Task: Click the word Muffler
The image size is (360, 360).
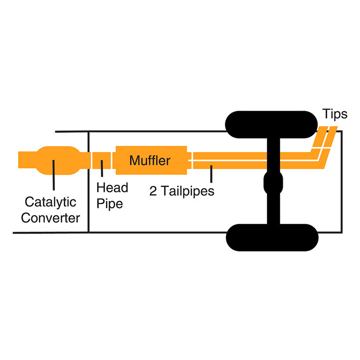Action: click(150, 160)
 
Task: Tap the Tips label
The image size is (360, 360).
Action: click(335, 114)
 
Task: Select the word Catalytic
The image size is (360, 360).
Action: click(50, 202)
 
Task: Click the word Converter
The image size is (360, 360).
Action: click(50, 218)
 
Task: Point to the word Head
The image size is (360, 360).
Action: click(112, 188)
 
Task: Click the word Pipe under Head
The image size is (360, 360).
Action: click(109, 203)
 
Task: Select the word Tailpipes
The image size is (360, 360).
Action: click(187, 191)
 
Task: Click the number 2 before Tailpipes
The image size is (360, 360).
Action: click(153, 191)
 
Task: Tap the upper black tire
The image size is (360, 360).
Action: click(271, 125)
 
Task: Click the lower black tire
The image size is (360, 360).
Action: click(272, 238)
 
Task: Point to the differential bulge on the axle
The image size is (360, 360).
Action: click(273, 183)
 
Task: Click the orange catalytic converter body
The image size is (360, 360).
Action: click(58, 160)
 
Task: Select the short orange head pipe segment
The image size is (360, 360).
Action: click(102, 160)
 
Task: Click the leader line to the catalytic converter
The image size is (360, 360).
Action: click(54, 175)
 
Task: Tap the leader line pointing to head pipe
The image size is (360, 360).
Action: click(102, 168)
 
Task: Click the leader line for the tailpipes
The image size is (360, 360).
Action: click(211, 174)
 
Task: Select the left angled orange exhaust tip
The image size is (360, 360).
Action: click(320, 137)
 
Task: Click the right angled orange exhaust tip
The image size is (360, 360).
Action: click(331, 137)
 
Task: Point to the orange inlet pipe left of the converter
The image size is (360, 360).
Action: click(27, 160)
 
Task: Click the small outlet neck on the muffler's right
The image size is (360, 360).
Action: click(189, 160)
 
